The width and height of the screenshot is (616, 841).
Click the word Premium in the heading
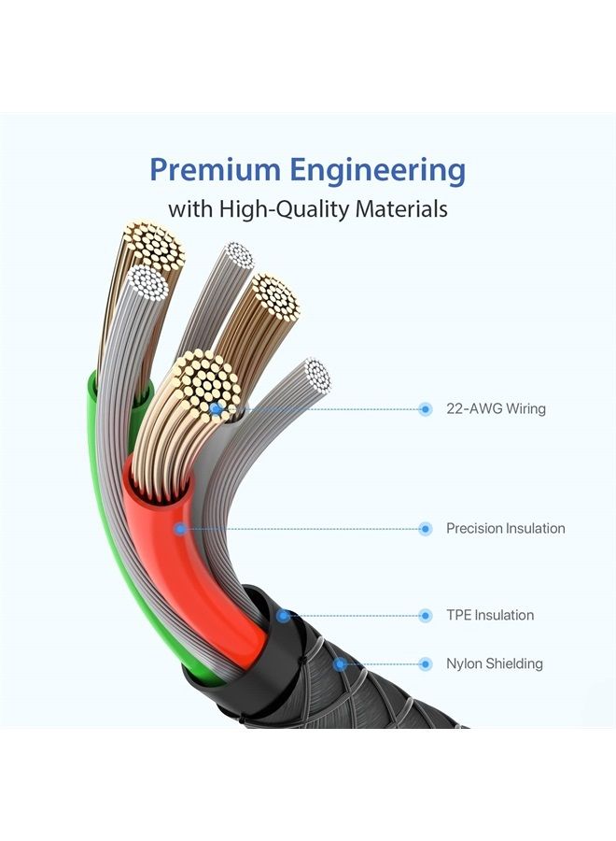[215, 169]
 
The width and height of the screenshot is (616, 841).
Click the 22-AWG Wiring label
[496, 408]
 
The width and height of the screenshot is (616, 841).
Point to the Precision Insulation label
[506, 528]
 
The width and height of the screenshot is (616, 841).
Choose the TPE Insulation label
[490, 615]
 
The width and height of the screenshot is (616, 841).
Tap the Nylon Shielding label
[495, 664]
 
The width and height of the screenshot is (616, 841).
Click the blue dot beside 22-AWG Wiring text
[426, 409]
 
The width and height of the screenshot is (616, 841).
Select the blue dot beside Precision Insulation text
[426, 529]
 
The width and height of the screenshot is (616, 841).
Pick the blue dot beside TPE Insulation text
[426, 616]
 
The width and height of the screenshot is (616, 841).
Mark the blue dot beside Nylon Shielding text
[426, 664]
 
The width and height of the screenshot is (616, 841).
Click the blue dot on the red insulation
[181, 529]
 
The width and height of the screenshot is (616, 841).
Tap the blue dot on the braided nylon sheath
[339, 664]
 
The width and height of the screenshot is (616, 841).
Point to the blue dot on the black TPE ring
[284, 616]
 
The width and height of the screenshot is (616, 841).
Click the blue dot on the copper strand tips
[216, 408]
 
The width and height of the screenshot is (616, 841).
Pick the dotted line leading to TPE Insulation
[354, 616]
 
